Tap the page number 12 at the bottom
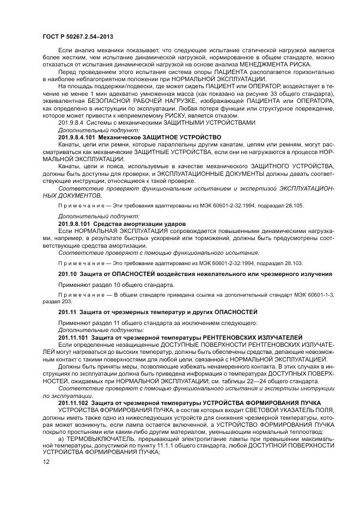45,462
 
